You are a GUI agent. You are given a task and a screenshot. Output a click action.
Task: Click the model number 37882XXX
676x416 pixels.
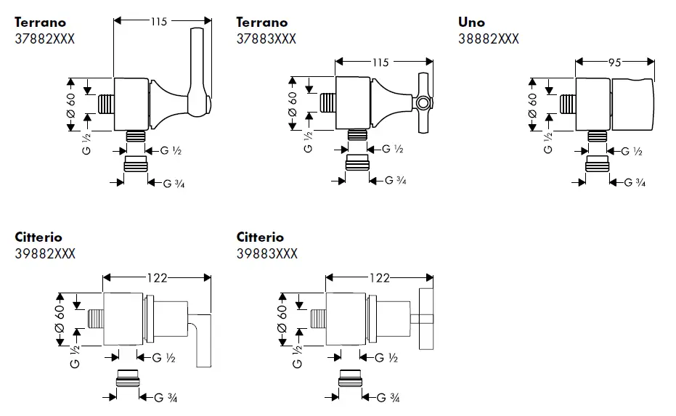pyautogui.click(x=44, y=38)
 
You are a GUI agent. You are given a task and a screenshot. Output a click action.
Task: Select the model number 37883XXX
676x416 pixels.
pyautogui.click(x=266, y=38)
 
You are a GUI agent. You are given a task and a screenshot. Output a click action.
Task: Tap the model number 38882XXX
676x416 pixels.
pyautogui.click(x=488, y=38)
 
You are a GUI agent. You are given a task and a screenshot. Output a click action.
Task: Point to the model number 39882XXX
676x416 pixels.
pyautogui.click(x=44, y=253)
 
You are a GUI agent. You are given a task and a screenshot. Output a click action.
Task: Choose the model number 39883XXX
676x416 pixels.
pyautogui.click(x=266, y=253)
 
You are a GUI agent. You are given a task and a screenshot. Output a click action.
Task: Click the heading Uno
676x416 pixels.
pyautogui.click(x=471, y=23)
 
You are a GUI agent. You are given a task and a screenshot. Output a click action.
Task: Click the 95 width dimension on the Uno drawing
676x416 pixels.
pyautogui.click(x=614, y=63)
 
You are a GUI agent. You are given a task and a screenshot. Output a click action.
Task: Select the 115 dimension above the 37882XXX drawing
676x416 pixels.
pyautogui.click(x=158, y=22)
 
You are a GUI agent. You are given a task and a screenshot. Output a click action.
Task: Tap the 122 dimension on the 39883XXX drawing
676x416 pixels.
pyautogui.click(x=379, y=277)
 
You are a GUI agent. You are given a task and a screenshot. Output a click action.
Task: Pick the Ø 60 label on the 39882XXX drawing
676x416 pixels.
pyautogui.click(x=61, y=318)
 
